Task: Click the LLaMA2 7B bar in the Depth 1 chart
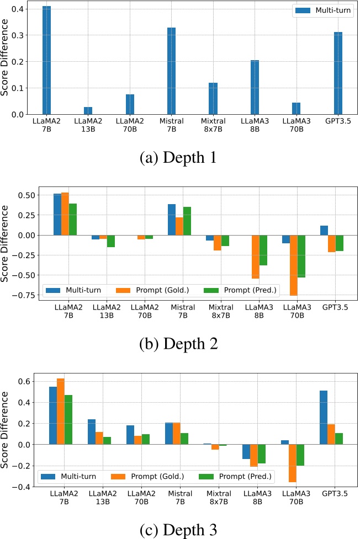coord(46,60)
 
